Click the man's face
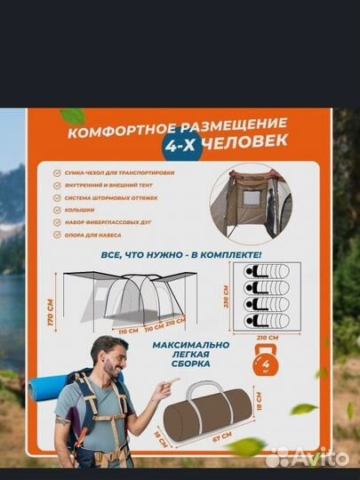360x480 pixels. point(113,365)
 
